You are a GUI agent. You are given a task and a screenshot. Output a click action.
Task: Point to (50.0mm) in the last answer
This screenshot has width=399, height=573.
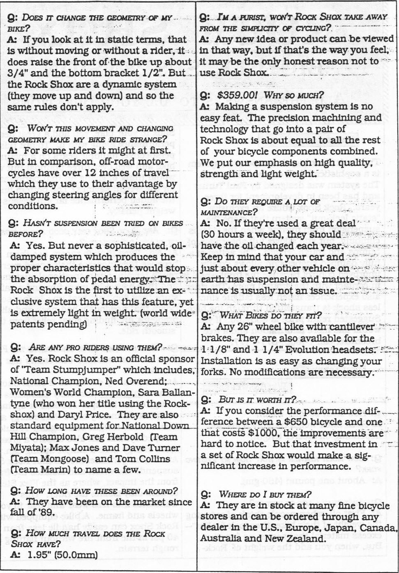tap(77, 555)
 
